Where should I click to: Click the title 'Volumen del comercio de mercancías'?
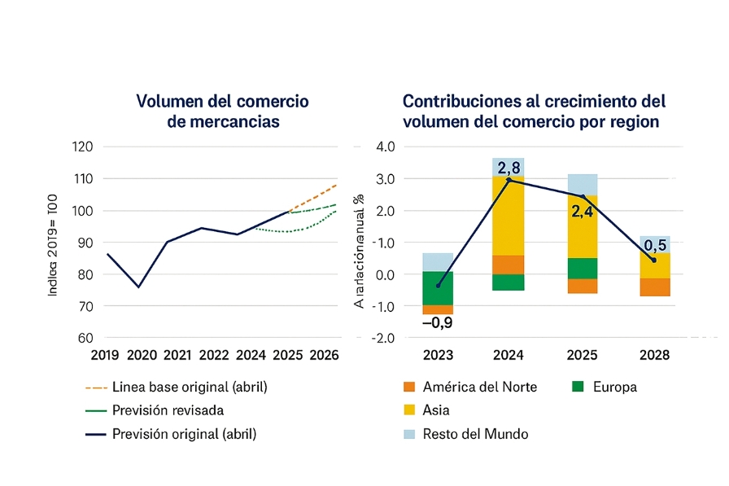point(222,112)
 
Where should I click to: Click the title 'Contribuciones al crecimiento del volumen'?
point(534,112)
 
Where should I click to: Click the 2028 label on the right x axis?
point(654,355)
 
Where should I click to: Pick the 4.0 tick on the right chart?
point(382,147)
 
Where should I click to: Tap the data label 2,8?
point(510,168)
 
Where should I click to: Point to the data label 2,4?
point(583,213)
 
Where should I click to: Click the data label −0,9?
point(439,323)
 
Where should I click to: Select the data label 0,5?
point(655,245)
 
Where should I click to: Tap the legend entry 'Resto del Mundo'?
point(475,434)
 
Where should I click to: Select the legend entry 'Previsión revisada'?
point(168,410)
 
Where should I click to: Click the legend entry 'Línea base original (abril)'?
point(190,387)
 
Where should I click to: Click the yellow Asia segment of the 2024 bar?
point(509,216)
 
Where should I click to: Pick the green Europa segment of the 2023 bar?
point(438,288)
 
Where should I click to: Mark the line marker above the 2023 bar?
point(439,286)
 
